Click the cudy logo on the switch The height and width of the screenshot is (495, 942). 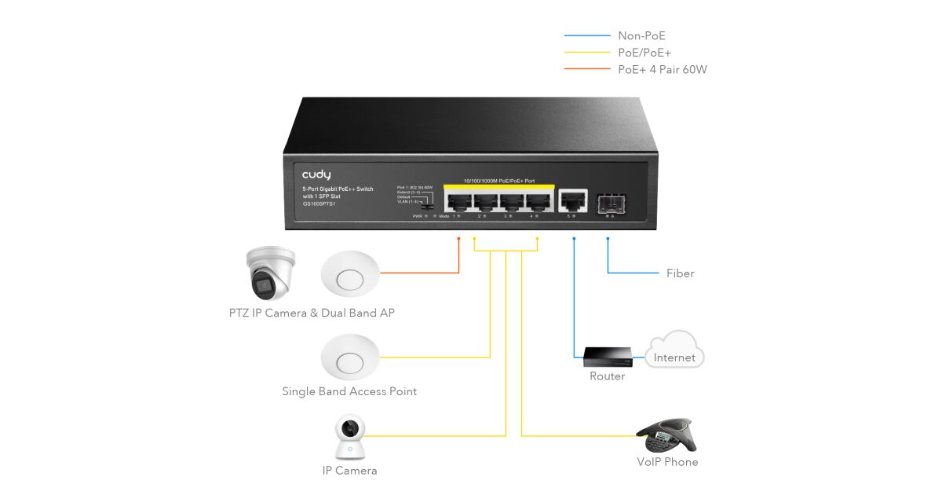(316, 174)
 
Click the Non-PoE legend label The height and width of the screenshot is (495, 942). (641, 35)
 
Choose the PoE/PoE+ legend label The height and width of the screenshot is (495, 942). (644, 53)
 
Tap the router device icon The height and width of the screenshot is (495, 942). (607, 358)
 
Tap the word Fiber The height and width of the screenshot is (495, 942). (680, 273)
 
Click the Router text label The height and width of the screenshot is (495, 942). (607, 376)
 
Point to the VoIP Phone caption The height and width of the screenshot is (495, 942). (667, 462)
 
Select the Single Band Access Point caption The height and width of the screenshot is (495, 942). (349, 391)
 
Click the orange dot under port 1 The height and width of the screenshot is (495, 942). (458, 237)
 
